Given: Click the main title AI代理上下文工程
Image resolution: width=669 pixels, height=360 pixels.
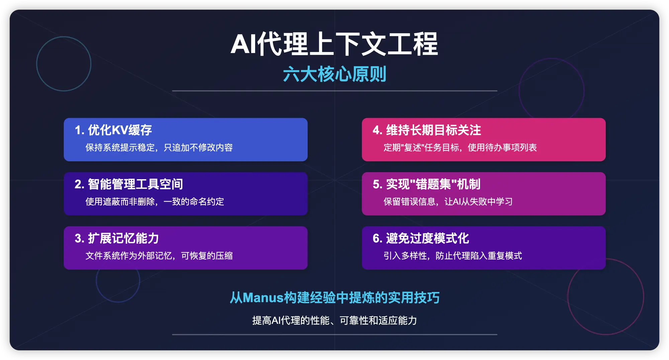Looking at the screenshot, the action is [334, 44].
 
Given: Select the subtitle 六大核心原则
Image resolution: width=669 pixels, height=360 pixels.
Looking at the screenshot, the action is [334, 74].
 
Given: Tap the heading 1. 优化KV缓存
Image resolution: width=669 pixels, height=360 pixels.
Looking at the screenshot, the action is [113, 130].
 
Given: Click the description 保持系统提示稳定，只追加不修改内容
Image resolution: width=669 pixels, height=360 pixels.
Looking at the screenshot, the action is [159, 147].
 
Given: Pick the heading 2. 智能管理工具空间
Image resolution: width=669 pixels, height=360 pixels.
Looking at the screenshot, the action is [129, 184].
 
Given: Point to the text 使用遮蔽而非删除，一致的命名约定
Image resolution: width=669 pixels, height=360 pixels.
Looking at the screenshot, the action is [155, 202].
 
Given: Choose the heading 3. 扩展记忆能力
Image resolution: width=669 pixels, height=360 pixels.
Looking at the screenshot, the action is [117, 238].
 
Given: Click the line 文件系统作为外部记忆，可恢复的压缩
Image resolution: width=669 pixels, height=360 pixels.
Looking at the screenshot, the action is [159, 256].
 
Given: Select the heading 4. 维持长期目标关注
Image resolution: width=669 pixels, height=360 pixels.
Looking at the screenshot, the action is [427, 130].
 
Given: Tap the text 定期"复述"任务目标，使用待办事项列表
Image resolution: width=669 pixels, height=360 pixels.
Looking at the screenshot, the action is [460, 147].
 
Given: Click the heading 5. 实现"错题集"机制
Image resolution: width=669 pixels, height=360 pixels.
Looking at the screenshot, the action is [426, 184].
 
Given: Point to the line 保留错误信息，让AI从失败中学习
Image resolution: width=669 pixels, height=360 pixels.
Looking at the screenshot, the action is [448, 202].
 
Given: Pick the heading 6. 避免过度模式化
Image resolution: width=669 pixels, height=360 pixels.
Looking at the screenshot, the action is [421, 238].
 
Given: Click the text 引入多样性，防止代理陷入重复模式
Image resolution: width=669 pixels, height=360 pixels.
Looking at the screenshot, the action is [453, 256].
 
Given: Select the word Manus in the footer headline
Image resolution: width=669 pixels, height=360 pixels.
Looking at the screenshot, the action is [263, 297].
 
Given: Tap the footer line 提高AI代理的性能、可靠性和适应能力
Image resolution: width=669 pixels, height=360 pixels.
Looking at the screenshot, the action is [334, 320].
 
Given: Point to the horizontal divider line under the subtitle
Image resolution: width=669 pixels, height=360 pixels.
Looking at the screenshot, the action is [334, 91].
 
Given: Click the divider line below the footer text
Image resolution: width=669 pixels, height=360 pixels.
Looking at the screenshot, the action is [334, 334].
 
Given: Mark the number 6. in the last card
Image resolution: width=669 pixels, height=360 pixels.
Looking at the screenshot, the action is [378, 238].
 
